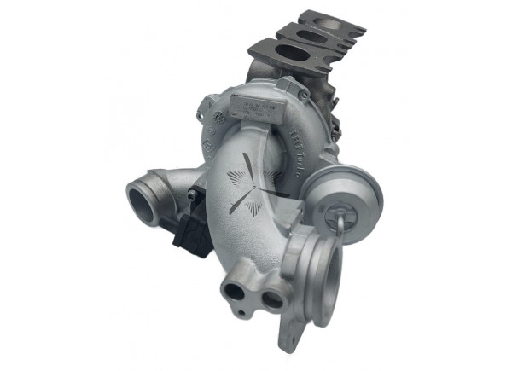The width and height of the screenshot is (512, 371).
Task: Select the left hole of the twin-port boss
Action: pos(235,292)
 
